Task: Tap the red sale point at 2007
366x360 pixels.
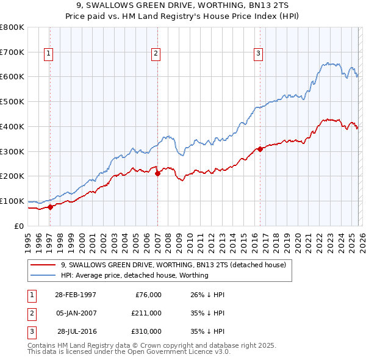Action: click(x=157, y=173)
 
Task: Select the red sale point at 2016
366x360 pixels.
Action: click(x=260, y=148)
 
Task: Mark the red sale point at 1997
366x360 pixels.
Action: click(x=51, y=207)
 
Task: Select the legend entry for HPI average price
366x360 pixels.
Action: click(x=135, y=275)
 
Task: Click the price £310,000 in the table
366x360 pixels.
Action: click(x=146, y=331)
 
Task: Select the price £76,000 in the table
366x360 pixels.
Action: click(x=148, y=295)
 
